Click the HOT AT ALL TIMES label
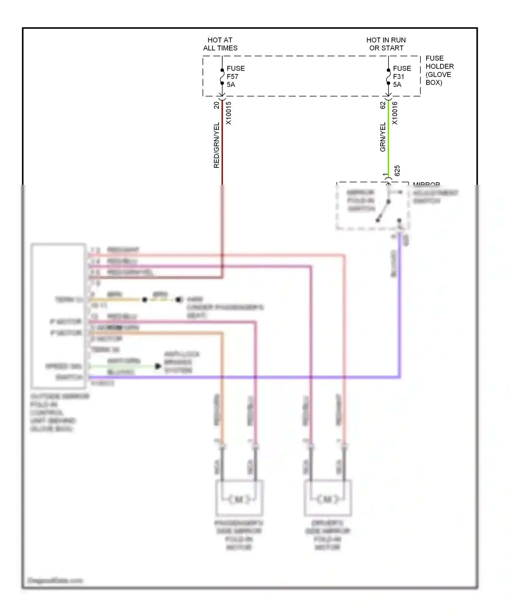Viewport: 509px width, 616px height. [220, 44]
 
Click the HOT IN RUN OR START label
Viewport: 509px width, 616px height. [386, 44]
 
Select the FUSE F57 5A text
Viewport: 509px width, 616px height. [235, 76]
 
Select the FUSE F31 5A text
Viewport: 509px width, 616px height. [401, 76]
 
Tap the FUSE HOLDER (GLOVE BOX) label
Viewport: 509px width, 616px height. [439, 70]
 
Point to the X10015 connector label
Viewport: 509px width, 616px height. [229, 113]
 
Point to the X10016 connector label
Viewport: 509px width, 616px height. [395, 113]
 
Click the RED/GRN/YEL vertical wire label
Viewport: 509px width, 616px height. [216, 145]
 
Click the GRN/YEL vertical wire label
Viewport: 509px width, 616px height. [383, 137]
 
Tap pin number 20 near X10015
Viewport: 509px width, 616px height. [216, 105]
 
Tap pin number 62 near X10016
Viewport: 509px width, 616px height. [383, 105]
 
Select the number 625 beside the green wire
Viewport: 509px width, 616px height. [397, 170]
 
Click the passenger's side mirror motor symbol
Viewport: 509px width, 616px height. [239, 499]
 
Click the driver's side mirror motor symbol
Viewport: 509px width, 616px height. [328, 499]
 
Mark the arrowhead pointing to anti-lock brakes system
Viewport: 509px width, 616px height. [158, 366]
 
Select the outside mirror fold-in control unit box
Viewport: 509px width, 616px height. [58, 316]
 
